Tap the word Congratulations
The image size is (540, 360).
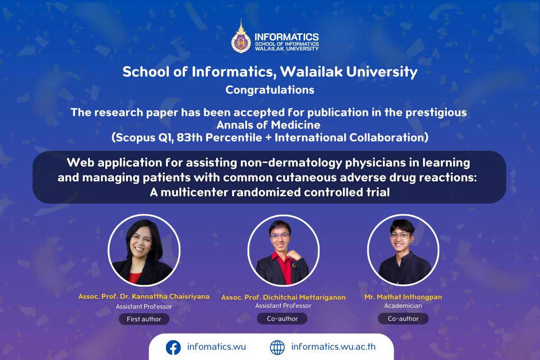(x=270, y=90)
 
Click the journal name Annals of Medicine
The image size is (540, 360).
(x=268, y=125)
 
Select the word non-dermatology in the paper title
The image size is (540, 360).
(x=291, y=163)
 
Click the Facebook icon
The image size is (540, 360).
(x=173, y=347)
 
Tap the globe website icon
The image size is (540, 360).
(x=277, y=347)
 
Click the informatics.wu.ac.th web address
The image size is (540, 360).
(x=333, y=347)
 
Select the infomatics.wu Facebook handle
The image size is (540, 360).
(x=216, y=347)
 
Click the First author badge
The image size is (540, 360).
(x=144, y=319)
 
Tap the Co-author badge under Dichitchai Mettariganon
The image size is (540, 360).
(x=282, y=319)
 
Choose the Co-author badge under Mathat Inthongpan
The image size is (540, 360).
(x=403, y=319)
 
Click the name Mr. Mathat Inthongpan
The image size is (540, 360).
(x=403, y=297)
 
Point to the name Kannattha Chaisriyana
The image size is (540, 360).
(x=171, y=297)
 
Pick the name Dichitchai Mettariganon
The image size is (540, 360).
(x=304, y=297)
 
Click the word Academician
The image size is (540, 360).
(x=403, y=306)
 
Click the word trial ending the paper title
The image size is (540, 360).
(x=378, y=193)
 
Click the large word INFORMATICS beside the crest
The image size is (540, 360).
(x=287, y=37)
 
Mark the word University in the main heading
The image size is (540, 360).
(x=382, y=72)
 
